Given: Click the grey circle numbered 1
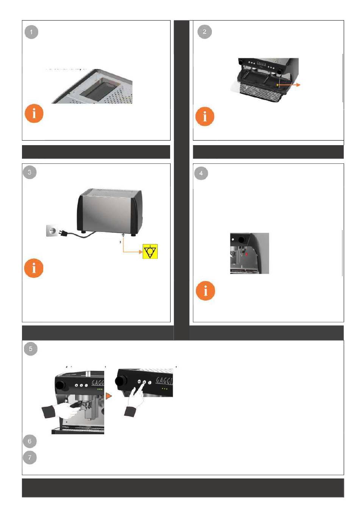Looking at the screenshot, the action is coord(31,32).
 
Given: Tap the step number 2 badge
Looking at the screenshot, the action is coord(205,31).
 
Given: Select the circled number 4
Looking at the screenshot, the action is coord(201,173).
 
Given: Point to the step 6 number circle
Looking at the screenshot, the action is coord(30,441).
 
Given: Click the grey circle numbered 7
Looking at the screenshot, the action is coord(30,457).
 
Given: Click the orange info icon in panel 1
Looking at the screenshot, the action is coord(34,113).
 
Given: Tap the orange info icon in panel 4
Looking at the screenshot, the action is coord(205,291).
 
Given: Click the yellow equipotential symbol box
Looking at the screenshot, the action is coord(150,252).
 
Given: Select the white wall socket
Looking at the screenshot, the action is coord(52,230).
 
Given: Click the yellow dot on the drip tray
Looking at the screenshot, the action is coord(277,85).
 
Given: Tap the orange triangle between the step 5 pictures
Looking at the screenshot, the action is coord(109,396).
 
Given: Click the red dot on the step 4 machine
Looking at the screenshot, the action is coord(247,254).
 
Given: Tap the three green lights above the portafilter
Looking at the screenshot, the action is coord(100,389).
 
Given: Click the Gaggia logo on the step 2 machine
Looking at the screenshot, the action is coord(261,63).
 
